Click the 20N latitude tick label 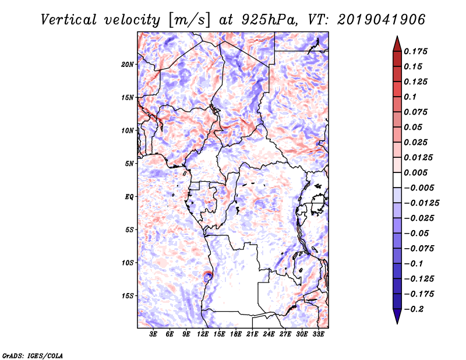128,64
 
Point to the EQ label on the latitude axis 129,197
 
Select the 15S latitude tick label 128,296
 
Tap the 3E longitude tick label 154,334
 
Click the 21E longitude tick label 252,334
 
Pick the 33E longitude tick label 318,334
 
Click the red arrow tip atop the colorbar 397,42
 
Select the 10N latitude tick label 128,130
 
